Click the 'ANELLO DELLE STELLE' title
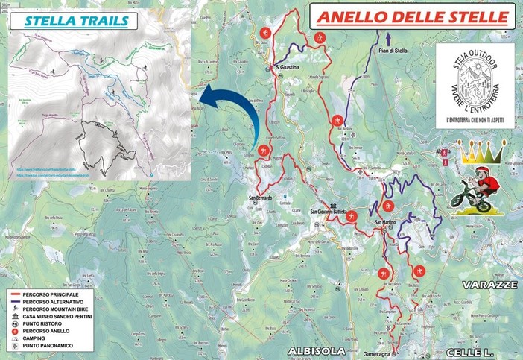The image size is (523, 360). point(412,17)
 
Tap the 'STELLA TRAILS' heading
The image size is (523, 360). point(75,20)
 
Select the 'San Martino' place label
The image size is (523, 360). point(384,222)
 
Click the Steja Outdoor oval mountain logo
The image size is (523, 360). point(475,77)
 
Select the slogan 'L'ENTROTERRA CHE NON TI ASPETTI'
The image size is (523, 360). point(475,119)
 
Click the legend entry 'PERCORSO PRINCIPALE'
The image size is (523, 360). point(57,296)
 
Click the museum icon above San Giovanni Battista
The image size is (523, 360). point(335,206)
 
